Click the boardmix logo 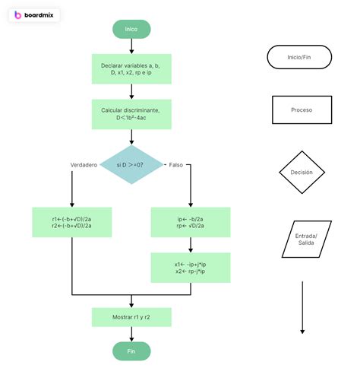tap(34, 15)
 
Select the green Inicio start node tap(131, 29)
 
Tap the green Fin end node tap(131, 351)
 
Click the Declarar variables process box tap(131, 69)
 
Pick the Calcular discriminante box tap(131, 114)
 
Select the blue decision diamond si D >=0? tap(131, 164)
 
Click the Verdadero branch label tap(84, 164)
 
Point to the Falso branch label tap(175, 164)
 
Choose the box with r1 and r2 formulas tap(71, 222)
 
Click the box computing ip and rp tap(191, 222)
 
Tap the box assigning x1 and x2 tap(191, 268)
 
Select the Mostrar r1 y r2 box tap(131, 316)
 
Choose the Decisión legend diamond tap(302, 173)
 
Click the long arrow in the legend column tap(302, 308)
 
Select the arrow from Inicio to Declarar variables tap(131, 46)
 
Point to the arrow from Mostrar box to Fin tap(131, 334)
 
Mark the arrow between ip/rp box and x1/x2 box tap(191, 245)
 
